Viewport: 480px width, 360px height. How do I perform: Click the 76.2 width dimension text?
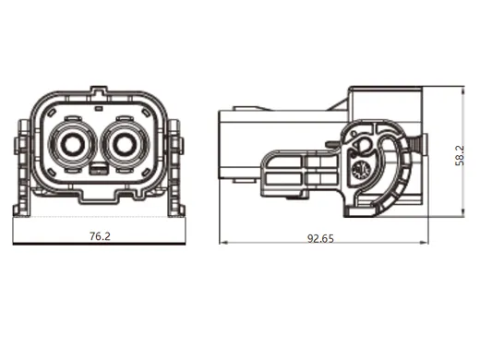click(x=100, y=236)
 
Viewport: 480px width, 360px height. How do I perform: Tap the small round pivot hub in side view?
click(x=361, y=169)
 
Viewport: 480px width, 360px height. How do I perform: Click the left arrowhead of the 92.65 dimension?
click(x=222, y=244)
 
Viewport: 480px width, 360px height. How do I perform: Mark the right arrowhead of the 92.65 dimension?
click(x=428, y=244)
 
